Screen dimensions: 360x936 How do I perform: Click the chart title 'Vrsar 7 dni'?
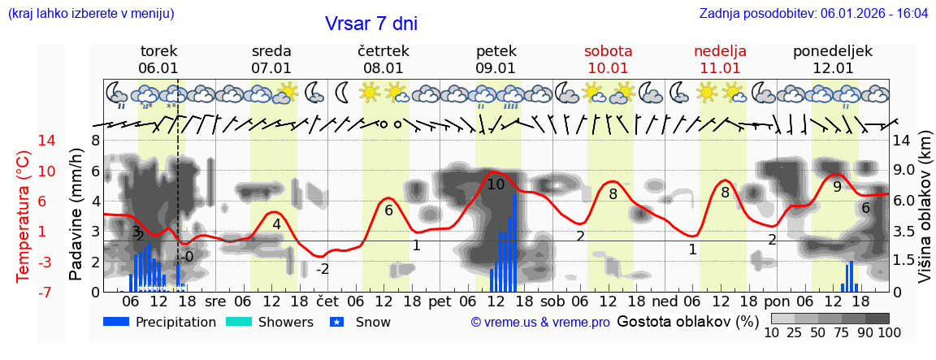point(370,24)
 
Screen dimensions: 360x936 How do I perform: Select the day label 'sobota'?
point(608,51)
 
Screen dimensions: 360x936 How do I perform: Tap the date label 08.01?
point(383,68)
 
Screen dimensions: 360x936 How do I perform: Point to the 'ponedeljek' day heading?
point(833,51)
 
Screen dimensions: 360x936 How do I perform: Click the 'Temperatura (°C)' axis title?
point(24,215)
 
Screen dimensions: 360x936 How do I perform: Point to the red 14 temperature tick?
point(24,141)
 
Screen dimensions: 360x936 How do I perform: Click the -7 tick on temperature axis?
point(24,292)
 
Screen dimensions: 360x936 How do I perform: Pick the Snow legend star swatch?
point(340,322)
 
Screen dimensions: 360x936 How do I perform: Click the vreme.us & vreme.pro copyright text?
point(540,323)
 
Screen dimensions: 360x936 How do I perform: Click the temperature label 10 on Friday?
point(496,184)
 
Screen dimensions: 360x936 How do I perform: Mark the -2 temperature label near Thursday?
point(323,269)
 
